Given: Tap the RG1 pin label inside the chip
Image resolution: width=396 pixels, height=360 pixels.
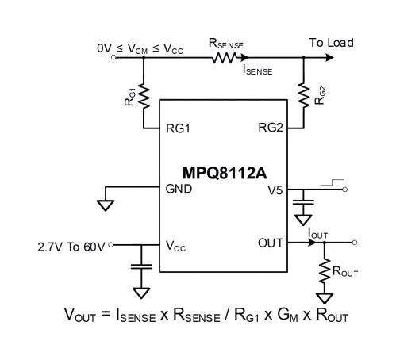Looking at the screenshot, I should click(x=179, y=127).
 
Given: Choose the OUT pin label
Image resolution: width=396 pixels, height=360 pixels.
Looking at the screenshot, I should click(x=270, y=243).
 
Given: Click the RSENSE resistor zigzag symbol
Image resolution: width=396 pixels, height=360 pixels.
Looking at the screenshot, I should click(x=225, y=57).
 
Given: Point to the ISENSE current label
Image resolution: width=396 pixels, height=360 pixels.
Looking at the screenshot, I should click(x=258, y=71).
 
